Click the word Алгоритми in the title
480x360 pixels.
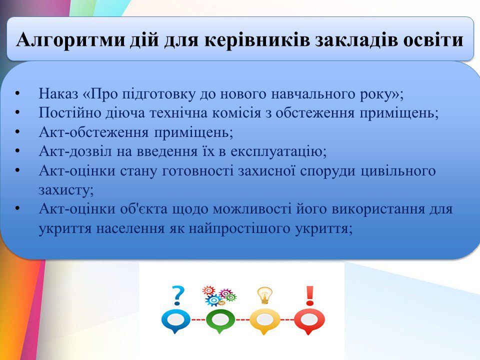pos(70,40)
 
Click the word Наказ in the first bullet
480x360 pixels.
pos(58,93)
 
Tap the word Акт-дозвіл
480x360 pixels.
pos(75,151)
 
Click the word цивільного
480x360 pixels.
pos(398,170)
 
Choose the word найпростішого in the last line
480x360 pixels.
pos(239,228)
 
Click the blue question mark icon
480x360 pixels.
pos(178,295)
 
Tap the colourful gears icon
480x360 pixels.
pos(219,296)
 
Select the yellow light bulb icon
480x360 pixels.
pos(264,295)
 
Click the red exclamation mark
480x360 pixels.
pos(310,295)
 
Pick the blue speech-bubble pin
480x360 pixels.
pos(175,321)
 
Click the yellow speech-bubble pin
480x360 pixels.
pos(264,321)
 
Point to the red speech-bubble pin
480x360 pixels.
pos(309,321)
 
